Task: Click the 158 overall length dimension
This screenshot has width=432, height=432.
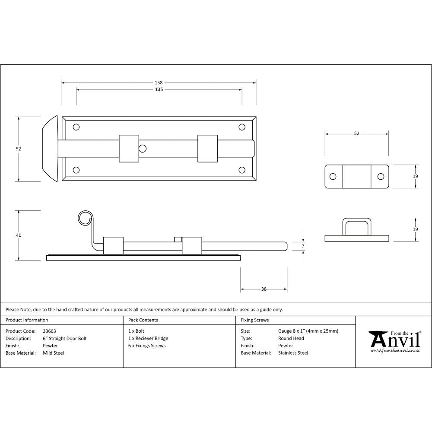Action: (x=159, y=82)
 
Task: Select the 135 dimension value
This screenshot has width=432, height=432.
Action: (x=159, y=90)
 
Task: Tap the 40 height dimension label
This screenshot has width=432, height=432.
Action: (x=18, y=235)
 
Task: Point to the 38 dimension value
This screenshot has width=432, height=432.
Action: (x=264, y=289)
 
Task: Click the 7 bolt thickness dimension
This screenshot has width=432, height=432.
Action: (x=303, y=246)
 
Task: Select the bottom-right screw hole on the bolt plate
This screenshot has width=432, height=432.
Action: (x=242, y=170)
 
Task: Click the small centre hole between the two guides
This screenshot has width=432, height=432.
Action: (x=142, y=149)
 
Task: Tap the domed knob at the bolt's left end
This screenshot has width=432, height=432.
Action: (x=50, y=149)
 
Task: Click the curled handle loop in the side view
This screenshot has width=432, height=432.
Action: (x=85, y=218)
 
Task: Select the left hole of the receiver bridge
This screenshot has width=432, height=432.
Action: (x=333, y=176)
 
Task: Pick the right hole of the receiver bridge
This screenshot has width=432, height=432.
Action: (x=381, y=176)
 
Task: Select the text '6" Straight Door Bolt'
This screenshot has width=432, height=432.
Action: (x=65, y=339)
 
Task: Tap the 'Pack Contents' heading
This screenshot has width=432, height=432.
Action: (x=143, y=320)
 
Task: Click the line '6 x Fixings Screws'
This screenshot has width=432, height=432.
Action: (x=147, y=346)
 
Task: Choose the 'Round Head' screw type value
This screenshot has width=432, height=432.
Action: (x=291, y=339)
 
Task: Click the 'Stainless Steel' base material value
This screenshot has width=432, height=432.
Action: (x=293, y=353)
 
